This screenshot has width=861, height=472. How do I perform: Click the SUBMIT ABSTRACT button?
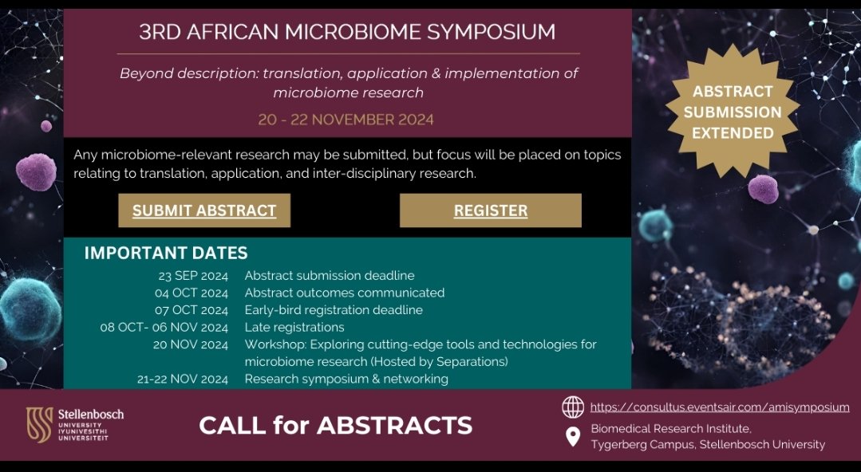tap(204, 210)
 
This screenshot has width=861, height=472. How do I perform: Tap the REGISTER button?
tap(490, 210)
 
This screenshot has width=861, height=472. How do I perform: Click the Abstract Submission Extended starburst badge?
tap(732, 112)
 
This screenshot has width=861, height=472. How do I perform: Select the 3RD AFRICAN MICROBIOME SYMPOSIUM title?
tap(347, 32)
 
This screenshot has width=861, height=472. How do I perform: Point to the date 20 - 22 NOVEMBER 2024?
tap(346, 120)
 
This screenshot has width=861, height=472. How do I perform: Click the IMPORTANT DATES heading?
tap(166, 253)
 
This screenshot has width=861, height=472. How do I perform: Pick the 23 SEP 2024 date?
tap(193, 276)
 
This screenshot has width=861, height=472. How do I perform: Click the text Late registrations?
tap(294, 327)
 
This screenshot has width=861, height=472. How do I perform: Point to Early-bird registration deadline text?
tap(334, 310)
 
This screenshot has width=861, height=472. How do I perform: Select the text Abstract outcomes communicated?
tap(345, 293)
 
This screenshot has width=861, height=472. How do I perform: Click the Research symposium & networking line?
tap(346, 379)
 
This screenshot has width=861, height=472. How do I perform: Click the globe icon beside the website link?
tap(572, 407)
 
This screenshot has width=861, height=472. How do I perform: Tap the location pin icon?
tap(572, 437)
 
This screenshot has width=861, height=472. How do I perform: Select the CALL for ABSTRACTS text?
tap(335, 425)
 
